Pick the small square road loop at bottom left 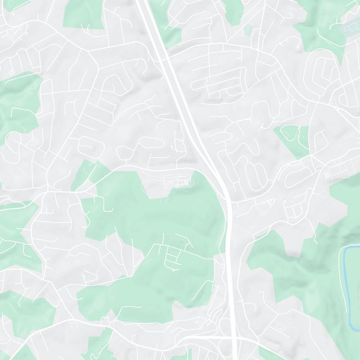coord(105,321)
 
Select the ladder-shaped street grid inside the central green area coord(173,256)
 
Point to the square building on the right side coord(326,174)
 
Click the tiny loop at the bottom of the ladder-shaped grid coord(172,270)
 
